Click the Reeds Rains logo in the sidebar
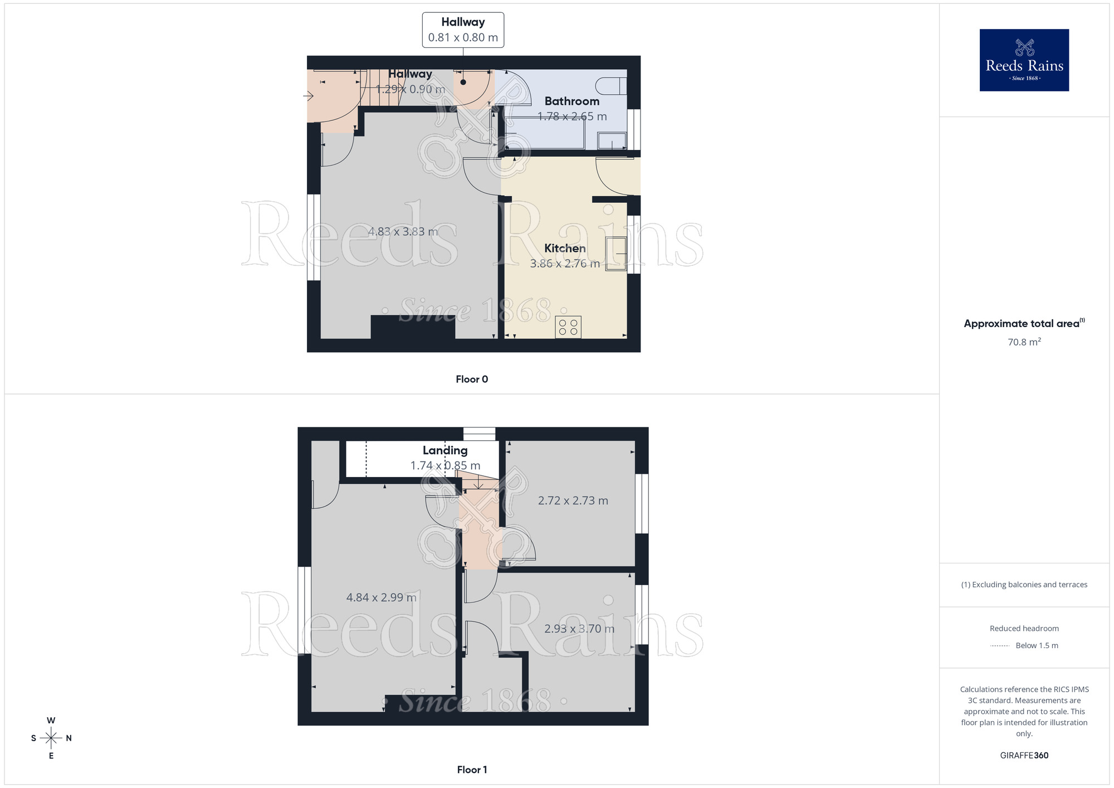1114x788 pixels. click(x=1024, y=60)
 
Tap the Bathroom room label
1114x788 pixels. click(x=571, y=101)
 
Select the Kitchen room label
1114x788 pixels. click(x=565, y=249)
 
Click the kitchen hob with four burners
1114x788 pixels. click(x=568, y=327)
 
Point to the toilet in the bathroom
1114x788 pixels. click(x=611, y=86)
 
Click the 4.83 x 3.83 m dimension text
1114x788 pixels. click(x=403, y=232)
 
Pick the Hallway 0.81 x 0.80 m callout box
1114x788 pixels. click(x=463, y=30)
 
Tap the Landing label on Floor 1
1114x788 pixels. click(x=445, y=450)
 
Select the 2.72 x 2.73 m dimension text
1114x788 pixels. click(x=573, y=501)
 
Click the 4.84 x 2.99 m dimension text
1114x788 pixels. click(x=381, y=598)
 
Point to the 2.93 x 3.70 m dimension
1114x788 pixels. click(x=579, y=629)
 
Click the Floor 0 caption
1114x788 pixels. click(x=472, y=380)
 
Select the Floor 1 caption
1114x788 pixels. click(x=472, y=770)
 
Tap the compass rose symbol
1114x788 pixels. click(x=51, y=738)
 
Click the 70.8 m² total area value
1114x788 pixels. click(x=1024, y=342)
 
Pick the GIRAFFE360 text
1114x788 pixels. click(x=1024, y=756)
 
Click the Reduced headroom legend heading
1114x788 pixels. click(x=1024, y=629)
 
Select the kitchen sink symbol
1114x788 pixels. click(x=616, y=254)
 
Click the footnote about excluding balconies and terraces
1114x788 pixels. click(x=1024, y=585)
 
